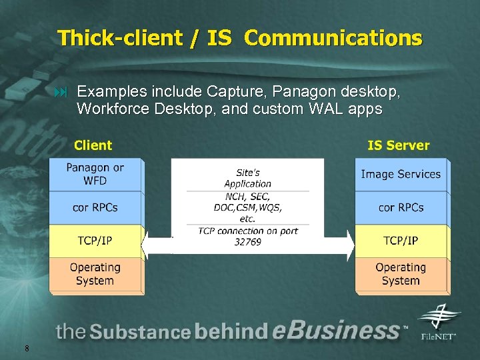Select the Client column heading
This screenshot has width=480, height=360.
pos(93,145)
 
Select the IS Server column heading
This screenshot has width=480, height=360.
pos(399,145)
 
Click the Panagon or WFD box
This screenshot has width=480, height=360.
pos(95,175)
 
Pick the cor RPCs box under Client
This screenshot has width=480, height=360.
pos(95,207)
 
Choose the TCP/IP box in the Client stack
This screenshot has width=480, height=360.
pos(95,241)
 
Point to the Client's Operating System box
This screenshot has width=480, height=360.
pos(95,274)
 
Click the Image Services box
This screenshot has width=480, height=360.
pos(401,175)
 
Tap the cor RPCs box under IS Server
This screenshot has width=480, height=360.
pos(401,207)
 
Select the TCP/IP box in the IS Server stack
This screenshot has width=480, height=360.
pos(401,241)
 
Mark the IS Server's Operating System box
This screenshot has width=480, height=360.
pos(401,274)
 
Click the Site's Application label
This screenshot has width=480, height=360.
pos(247,178)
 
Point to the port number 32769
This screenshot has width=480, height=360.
pos(248,242)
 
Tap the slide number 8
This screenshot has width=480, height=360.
pos(26,348)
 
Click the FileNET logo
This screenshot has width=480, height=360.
pos(438,322)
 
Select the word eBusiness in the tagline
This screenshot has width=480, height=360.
pos(337,331)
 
